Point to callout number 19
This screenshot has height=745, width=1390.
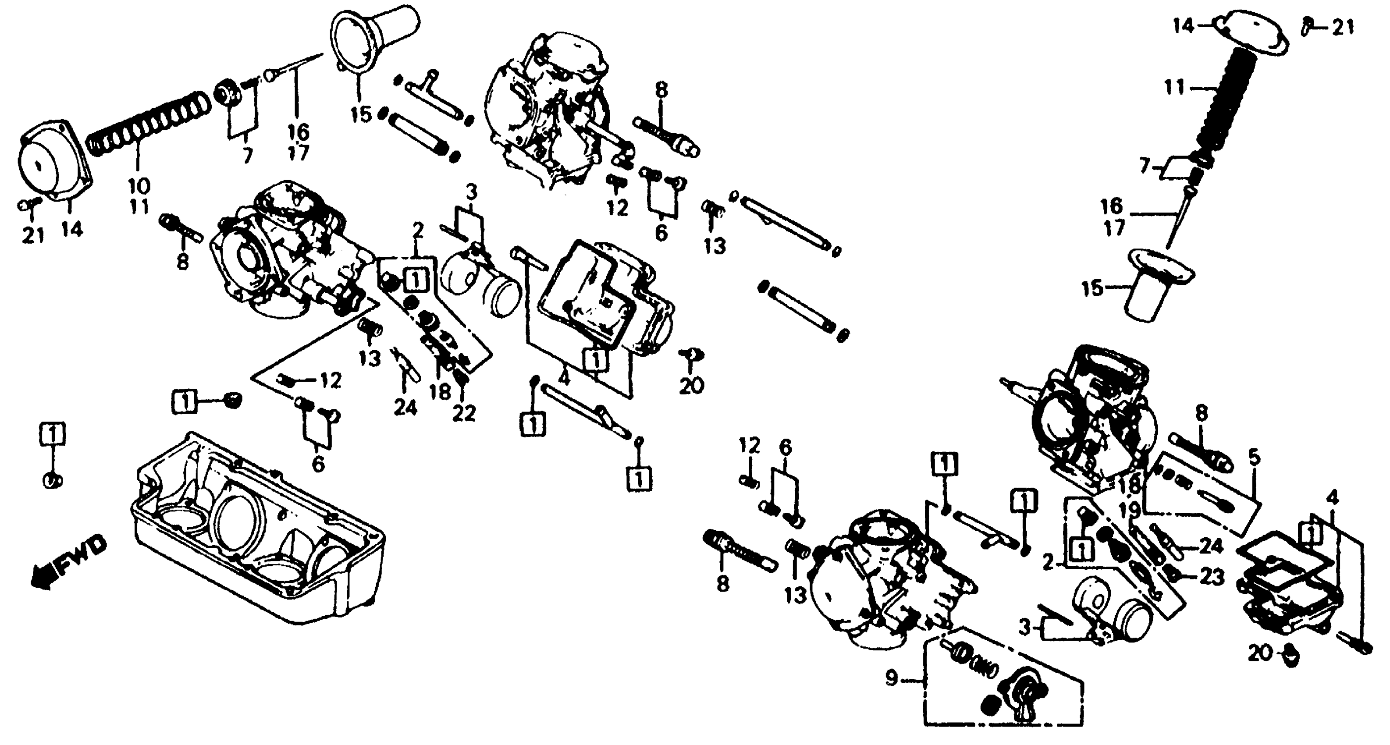coord(1130,509)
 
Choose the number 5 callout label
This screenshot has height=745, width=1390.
coord(1254,457)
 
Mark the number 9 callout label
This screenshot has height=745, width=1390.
coord(892,678)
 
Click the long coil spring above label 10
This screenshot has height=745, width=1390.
coord(149,124)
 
